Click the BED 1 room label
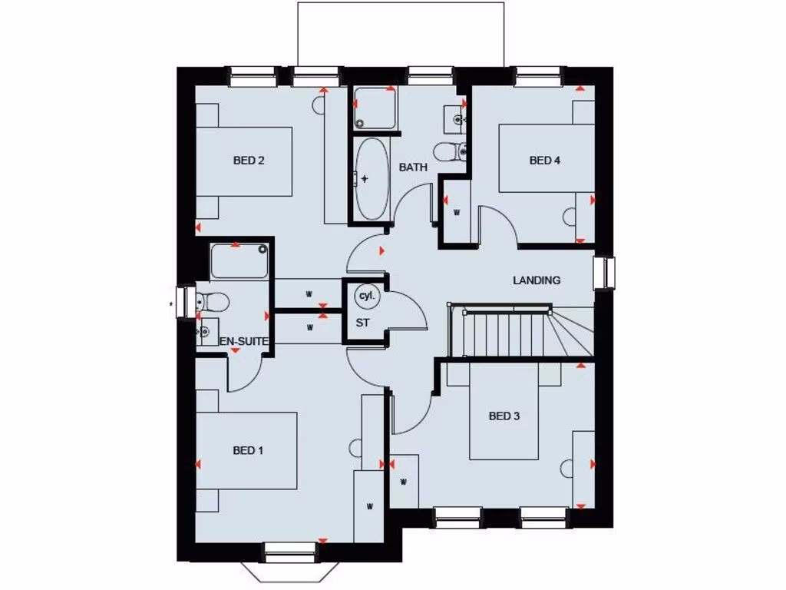pos(248,450)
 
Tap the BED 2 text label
pos(249,161)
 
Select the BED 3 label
pos(504,416)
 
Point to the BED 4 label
pos(545,161)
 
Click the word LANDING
pos(537,280)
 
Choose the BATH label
pos(413,167)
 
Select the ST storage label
pos(362,323)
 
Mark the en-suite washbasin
pos(205,331)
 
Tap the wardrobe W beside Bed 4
pos(456,211)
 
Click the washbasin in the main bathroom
pos(457,118)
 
